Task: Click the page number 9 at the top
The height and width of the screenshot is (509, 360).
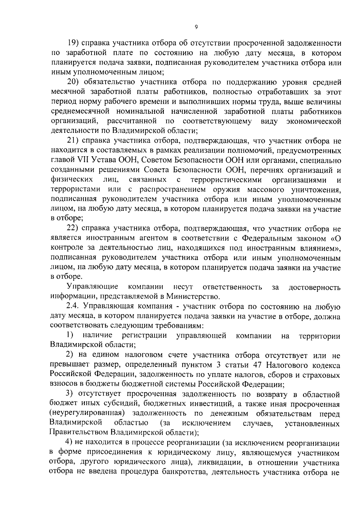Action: pos(196,27)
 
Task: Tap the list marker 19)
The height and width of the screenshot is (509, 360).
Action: pos(73,43)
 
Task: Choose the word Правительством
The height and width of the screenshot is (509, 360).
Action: pos(79,433)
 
